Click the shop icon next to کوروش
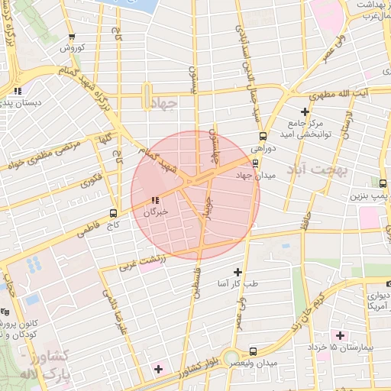[x=72, y=37]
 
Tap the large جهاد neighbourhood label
[x=165, y=102]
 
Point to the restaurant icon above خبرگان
[x=157, y=201]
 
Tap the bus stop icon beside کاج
[x=114, y=213]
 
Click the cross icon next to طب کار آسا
[x=238, y=272]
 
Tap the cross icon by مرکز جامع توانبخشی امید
[x=304, y=112]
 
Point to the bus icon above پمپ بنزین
[x=382, y=183]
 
